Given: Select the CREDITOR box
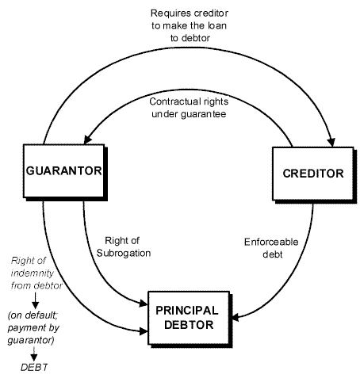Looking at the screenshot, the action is [x=313, y=174].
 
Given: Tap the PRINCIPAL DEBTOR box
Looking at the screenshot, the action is [x=189, y=318].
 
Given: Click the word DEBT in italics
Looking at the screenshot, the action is [x=34, y=367].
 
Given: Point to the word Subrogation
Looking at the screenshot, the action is [x=124, y=253].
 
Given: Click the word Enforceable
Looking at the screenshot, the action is [x=271, y=242].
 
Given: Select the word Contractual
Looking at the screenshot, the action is [x=171, y=101].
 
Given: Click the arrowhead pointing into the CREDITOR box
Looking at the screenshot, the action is [x=331, y=142].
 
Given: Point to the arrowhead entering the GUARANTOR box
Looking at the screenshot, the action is [x=87, y=139].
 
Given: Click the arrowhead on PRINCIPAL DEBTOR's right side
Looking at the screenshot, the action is [x=236, y=317].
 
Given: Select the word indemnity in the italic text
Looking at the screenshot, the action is [x=33, y=273].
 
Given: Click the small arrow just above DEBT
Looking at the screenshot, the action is [x=34, y=354].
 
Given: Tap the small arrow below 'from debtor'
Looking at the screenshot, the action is [x=35, y=301].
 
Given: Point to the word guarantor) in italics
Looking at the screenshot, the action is [x=31, y=340].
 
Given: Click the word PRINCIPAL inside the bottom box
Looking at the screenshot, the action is [x=187, y=311].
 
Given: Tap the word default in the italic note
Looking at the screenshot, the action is [x=40, y=315].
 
